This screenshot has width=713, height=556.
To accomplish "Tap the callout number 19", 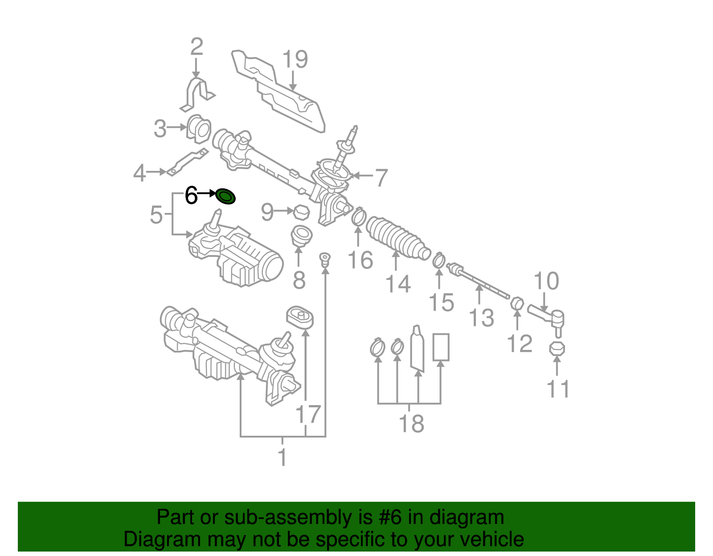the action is pyautogui.click(x=295, y=60).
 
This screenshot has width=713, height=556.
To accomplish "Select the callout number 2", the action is pyautogui.click(x=197, y=47).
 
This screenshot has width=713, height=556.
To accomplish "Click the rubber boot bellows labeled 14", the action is pyautogui.click(x=397, y=238).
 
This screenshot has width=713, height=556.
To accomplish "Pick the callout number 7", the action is pyautogui.click(x=381, y=178).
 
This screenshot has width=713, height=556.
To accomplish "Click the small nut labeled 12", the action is pyautogui.click(x=517, y=304).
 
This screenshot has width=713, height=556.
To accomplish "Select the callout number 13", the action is pyautogui.click(x=481, y=317).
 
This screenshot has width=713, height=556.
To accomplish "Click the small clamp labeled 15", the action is pyautogui.click(x=438, y=260).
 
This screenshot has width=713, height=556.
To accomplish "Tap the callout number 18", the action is pyautogui.click(x=411, y=423).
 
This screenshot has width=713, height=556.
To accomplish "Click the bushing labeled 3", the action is pyautogui.click(x=199, y=129).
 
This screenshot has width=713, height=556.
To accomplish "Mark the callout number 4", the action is pyautogui.click(x=139, y=173).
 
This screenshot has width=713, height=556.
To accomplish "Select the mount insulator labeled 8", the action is pyautogui.click(x=301, y=236).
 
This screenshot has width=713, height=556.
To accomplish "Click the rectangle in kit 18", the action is pyautogui.click(x=441, y=347).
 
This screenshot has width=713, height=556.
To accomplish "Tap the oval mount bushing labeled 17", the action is pyautogui.click(x=300, y=317).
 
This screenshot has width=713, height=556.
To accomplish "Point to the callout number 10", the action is pyautogui.click(x=546, y=281).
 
